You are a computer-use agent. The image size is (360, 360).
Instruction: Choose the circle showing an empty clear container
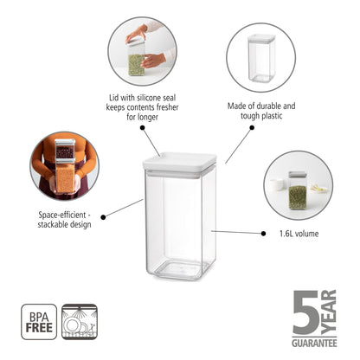click(260, 54)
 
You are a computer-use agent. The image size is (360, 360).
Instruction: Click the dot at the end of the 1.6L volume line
click(263, 232)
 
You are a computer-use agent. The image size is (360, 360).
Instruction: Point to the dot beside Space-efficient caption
click(103, 215)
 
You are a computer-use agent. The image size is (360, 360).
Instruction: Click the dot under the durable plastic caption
click(252, 126)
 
